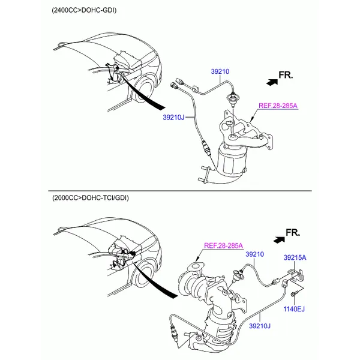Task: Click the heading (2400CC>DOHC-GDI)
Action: click(x=84, y=10)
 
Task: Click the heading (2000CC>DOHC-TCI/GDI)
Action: click(x=91, y=197)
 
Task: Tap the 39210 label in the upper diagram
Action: click(x=220, y=71)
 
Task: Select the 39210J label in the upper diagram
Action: click(x=173, y=118)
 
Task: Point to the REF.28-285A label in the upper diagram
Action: click(x=278, y=106)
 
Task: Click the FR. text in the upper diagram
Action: click(x=286, y=75)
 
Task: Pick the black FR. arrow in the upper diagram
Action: click(x=272, y=82)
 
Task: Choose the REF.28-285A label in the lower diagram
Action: click(x=223, y=245)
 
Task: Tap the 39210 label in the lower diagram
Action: click(x=254, y=254)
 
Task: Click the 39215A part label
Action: click(x=295, y=257)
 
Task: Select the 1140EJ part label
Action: click(x=294, y=309)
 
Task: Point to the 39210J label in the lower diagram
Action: click(x=260, y=326)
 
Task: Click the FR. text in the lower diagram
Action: click(x=293, y=233)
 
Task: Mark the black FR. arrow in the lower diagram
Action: click(x=279, y=240)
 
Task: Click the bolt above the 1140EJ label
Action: click(x=294, y=295)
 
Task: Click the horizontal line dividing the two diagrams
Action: click(x=180, y=191)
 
